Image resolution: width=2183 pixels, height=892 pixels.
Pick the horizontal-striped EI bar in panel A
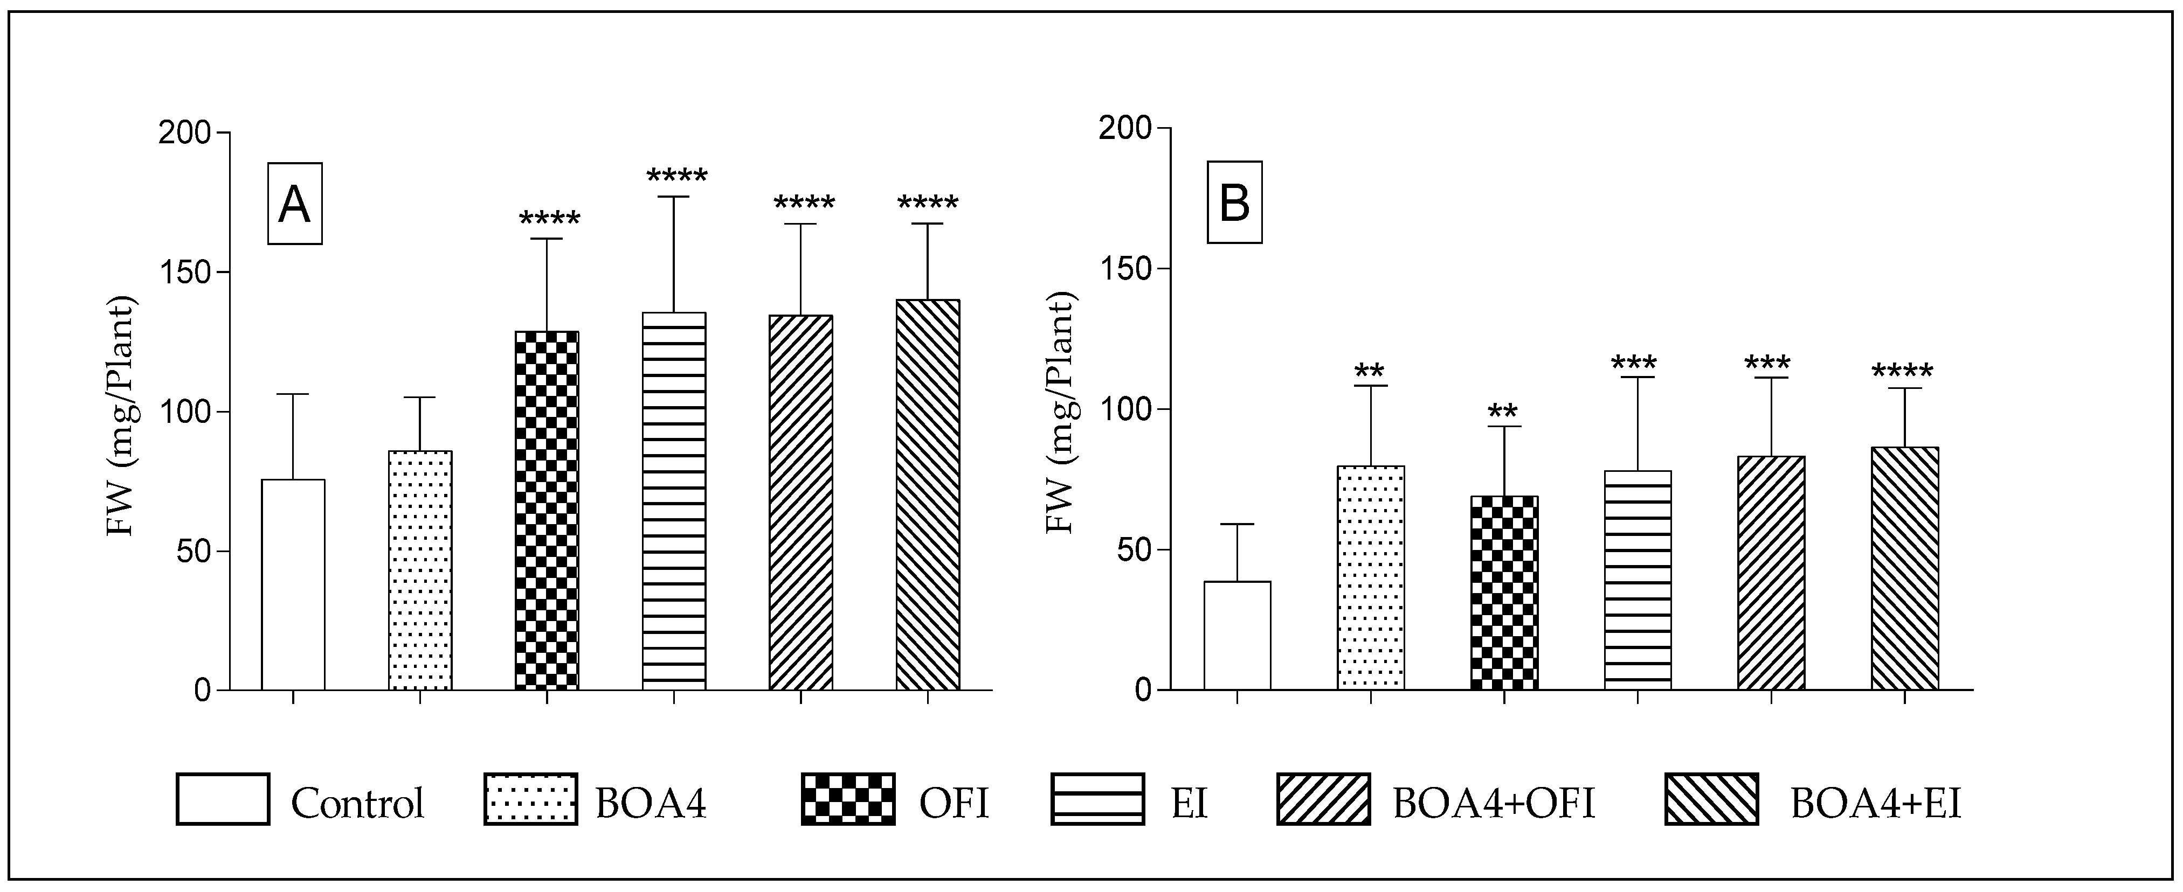click(x=674, y=500)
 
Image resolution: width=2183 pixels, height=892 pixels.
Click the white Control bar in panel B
click(x=1237, y=635)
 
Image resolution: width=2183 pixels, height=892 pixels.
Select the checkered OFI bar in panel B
click(x=1504, y=593)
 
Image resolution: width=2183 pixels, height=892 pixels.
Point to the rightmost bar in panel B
click(x=1904, y=568)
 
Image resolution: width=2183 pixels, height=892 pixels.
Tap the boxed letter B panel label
click(x=1235, y=203)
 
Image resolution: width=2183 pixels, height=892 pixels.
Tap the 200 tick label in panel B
click(x=1124, y=129)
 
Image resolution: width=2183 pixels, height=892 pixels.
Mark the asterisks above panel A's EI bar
click(x=676, y=177)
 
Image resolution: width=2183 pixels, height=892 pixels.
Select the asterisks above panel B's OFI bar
click(x=1503, y=413)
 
